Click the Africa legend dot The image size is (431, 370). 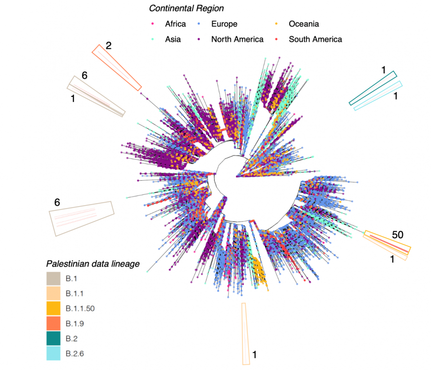(153, 24)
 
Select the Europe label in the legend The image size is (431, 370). (224, 24)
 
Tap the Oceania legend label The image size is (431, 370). (304, 24)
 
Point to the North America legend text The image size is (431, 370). (237, 39)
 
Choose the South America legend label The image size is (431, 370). (315, 39)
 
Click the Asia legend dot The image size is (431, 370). (153, 39)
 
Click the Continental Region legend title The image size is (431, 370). (186, 9)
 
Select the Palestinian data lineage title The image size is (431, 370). (92, 264)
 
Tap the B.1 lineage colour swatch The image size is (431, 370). (53, 278)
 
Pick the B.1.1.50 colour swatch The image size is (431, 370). (53, 309)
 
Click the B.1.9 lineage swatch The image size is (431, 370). (53, 324)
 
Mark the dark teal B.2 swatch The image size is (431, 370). (53, 339)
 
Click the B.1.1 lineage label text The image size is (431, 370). (74, 293)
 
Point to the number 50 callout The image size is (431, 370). (398, 235)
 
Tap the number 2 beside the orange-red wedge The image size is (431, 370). (109, 46)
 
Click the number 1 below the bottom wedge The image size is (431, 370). (254, 355)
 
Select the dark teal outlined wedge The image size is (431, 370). (374, 88)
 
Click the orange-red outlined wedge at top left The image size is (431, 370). (117, 68)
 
